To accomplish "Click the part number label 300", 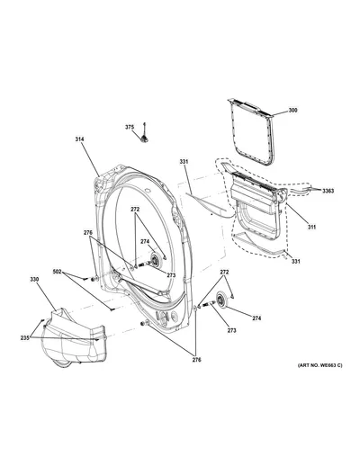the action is click(292, 111).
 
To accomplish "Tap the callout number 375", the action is click(130, 127).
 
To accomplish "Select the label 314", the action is click(79, 139).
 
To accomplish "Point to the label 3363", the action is click(328, 191).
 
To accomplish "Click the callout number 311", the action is click(311, 227).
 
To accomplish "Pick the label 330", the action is click(34, 279).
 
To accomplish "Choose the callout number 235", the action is click(25, 337).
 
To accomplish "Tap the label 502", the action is click(57, 272).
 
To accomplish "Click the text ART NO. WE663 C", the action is click(319, 365).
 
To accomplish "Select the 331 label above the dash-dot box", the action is click(184, 162).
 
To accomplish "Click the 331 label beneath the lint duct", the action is click(296, 262).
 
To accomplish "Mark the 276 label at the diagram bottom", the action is click(197, 360).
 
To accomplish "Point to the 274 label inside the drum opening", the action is click(145, 241).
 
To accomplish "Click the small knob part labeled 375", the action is click(145, 135).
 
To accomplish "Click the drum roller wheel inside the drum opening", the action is click(155, 260).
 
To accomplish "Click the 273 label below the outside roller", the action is click(231, 330).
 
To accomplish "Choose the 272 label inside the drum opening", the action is click(135, 210).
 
